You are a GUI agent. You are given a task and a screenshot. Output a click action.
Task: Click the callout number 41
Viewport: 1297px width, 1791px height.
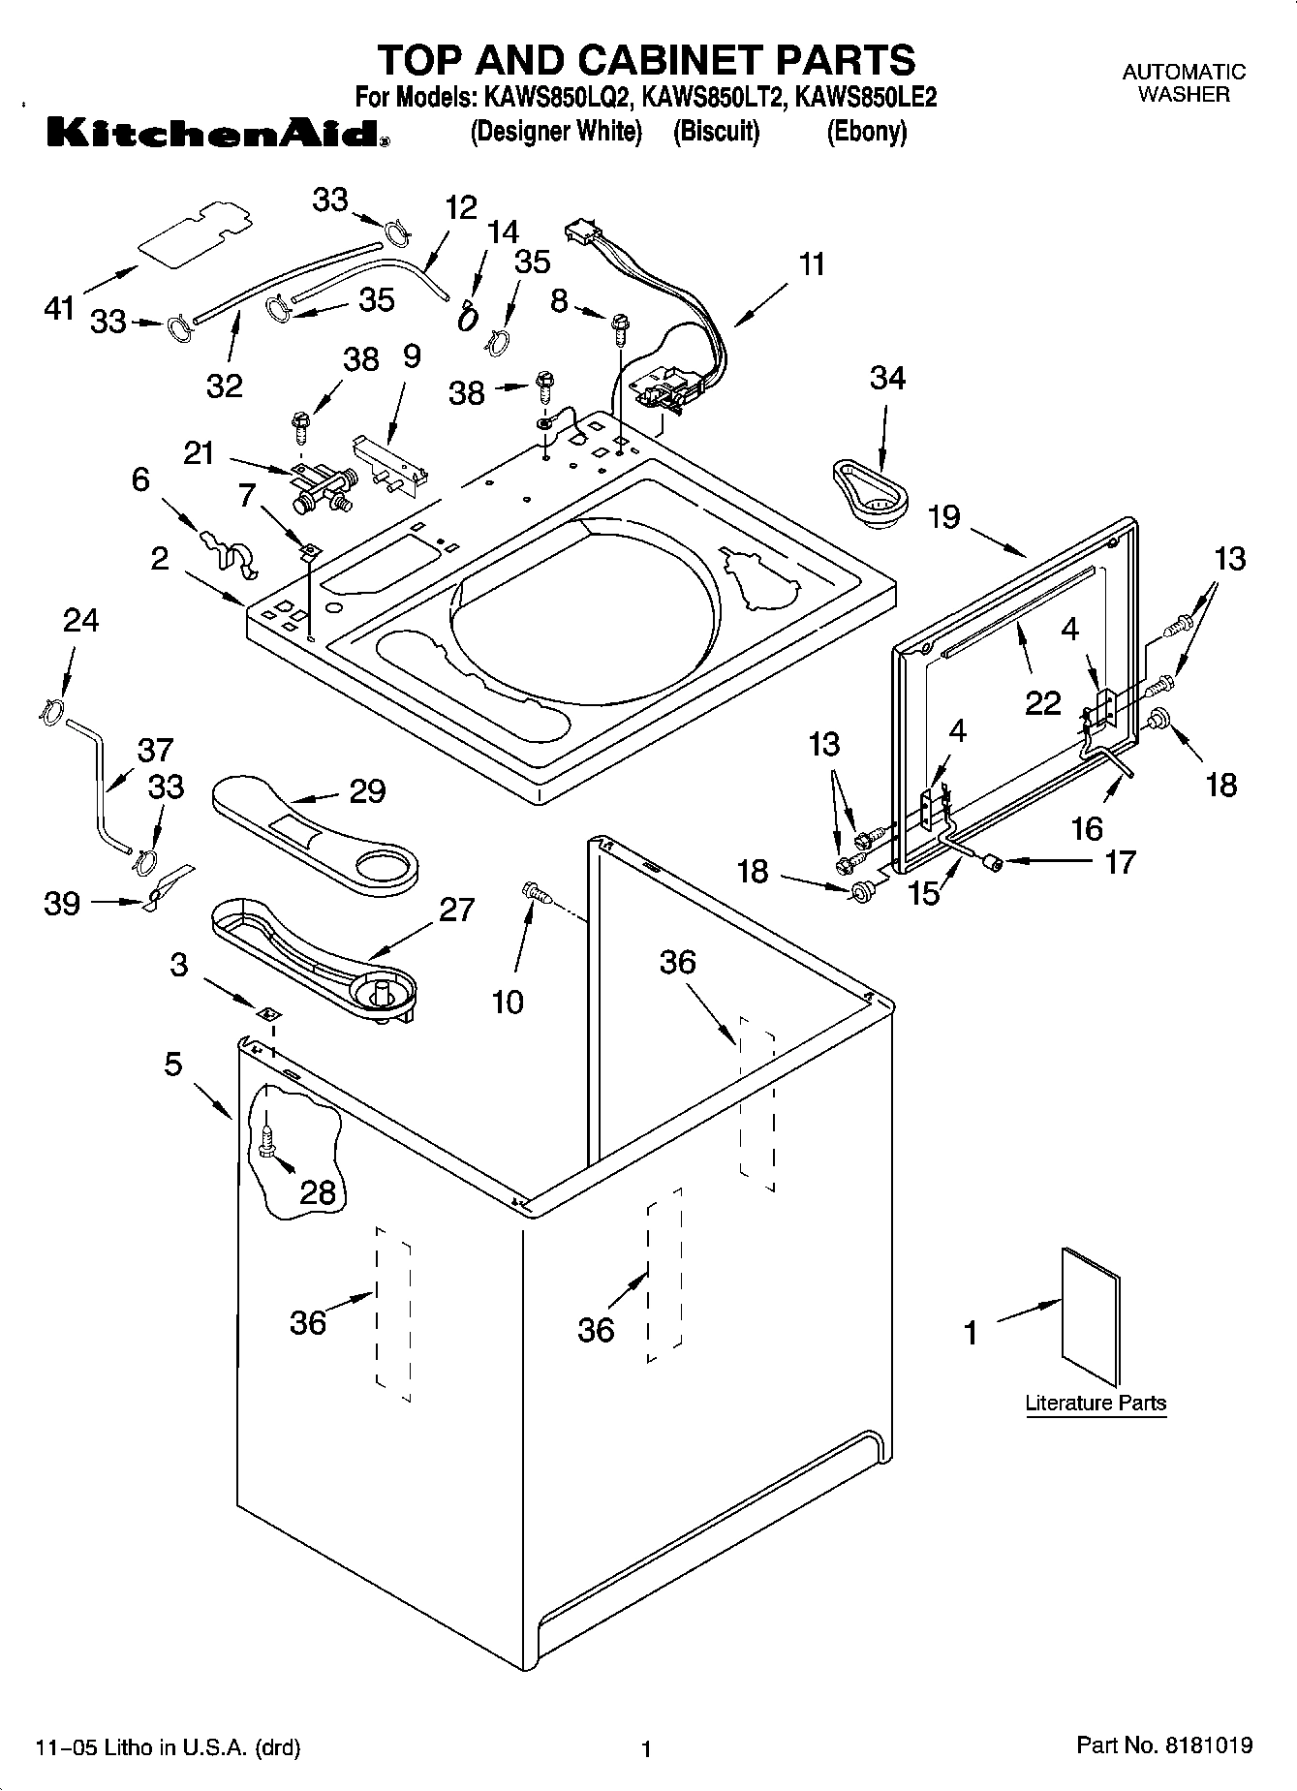[59, 309]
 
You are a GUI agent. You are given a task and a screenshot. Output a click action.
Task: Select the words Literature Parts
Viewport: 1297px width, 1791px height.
[1096, 1403]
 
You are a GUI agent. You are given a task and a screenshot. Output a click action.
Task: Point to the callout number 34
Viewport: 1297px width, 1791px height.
[887, 378]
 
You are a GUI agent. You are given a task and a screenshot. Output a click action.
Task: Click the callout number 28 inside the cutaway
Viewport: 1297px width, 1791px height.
[318, 1192]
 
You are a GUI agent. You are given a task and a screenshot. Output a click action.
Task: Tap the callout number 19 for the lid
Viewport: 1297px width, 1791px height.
[944, 517]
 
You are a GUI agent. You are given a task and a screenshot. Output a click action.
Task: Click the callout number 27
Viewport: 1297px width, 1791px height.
[457, 911]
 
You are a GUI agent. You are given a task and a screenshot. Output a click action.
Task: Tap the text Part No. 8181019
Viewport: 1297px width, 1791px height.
[1164, 1745]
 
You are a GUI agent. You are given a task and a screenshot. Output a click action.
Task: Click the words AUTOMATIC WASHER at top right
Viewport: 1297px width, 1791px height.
[1184, 83]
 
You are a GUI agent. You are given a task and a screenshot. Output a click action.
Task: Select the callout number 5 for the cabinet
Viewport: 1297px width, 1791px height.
[172, 1065]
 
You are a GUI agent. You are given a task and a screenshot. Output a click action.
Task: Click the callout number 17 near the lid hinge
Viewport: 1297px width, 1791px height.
[1120, 861]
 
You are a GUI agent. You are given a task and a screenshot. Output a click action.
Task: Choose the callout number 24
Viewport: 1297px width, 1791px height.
[80, 620]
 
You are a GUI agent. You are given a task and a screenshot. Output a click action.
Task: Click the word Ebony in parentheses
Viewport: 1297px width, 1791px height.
[866, 132]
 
